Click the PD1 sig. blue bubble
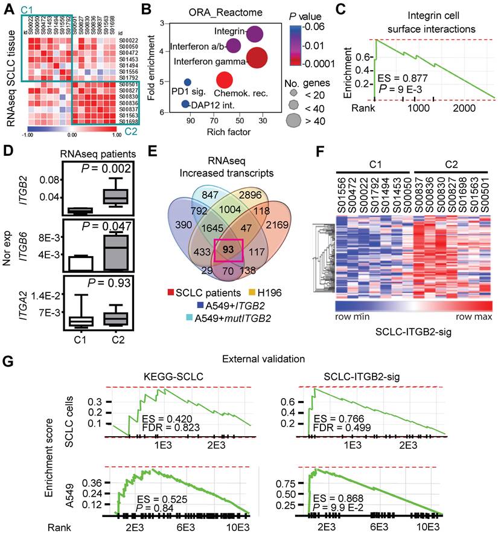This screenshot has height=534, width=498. point(188,83)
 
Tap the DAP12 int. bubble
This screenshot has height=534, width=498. point(185,105)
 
